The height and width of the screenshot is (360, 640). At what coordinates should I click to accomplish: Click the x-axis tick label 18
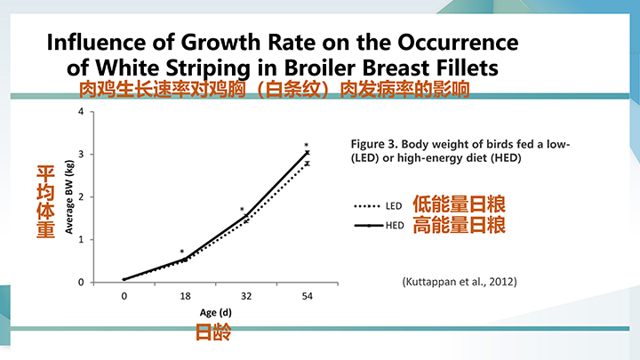[x=185, y=296]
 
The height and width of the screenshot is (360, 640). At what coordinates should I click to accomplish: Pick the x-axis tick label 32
[x=245, y=296]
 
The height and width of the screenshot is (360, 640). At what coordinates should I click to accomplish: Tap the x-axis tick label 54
[x=307, y=296]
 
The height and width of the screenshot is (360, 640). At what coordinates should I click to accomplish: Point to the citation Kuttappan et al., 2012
[x=460, y=282]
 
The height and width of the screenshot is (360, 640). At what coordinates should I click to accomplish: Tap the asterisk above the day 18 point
[x=182, y=253]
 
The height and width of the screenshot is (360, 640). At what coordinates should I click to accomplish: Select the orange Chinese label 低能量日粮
[x=459, y=204]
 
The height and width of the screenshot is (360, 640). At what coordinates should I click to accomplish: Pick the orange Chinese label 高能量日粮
[x=459, y=226]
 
